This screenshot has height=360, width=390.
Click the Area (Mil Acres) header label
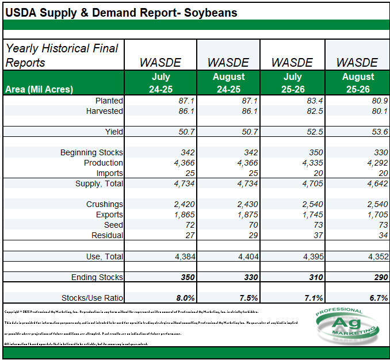point(39,89)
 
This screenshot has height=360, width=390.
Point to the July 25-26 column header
point(293,83)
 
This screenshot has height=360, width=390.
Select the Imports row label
point(109,173)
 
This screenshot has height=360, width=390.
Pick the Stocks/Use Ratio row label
point(92,298)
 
